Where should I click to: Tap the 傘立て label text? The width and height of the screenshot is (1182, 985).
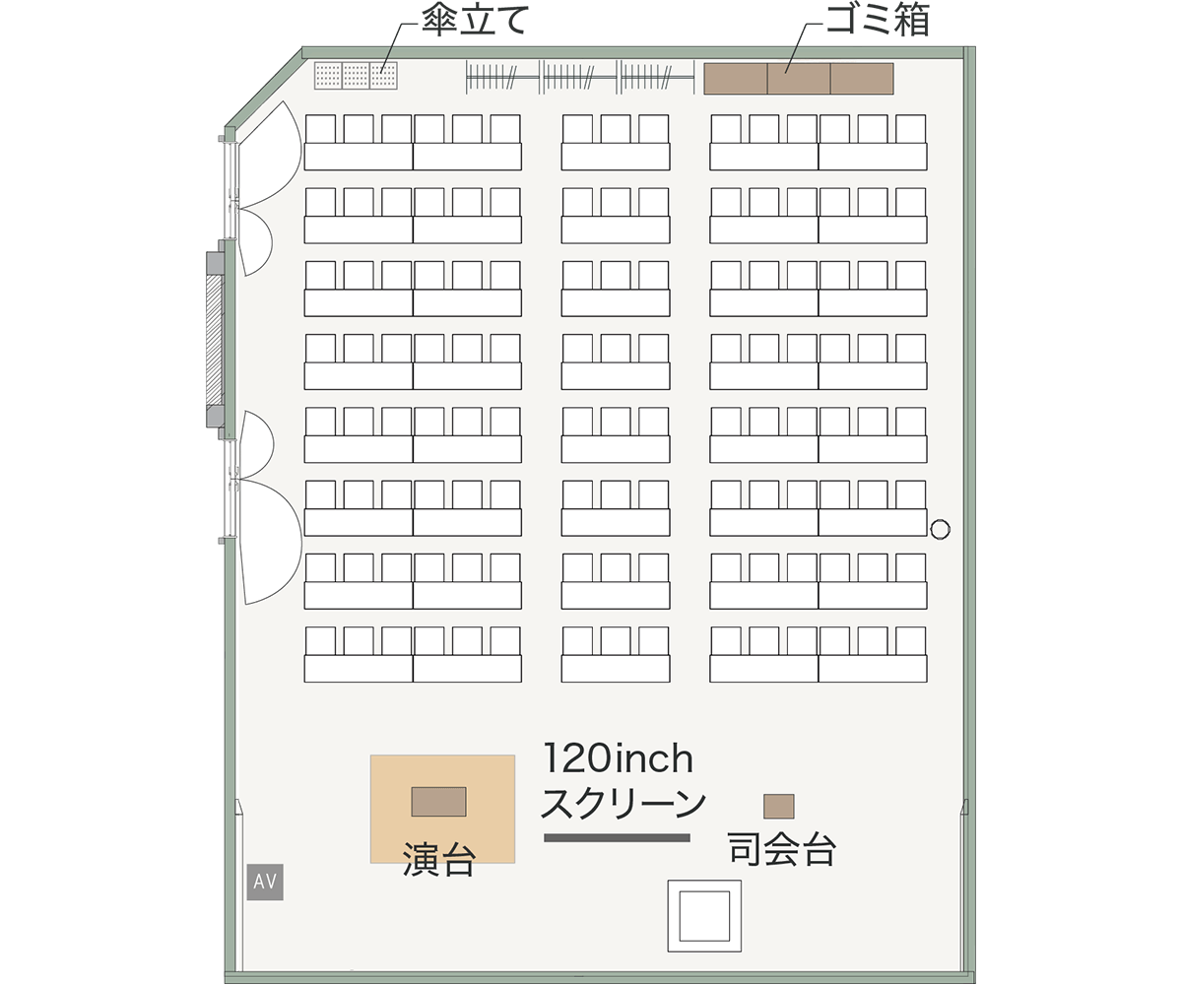click(x=476, y=22)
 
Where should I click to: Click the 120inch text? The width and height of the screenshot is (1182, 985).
click(x=619, y=758)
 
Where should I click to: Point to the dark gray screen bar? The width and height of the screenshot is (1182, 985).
click(x=617, y=838)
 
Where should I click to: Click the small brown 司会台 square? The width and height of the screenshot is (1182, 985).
click(x=779, y=806)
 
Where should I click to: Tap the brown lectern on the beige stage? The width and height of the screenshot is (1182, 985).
click(x=438, y=802)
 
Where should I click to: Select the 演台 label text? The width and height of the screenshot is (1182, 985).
click(x=439, y=859)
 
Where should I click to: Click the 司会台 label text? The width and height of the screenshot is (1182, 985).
click(x=782, y=849)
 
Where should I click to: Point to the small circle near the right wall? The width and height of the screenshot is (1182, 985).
click(x=941, y=529)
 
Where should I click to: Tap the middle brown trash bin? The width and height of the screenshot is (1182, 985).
click(x=799, y=79)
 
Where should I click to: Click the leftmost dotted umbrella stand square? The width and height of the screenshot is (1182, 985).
click(x=328, y=75)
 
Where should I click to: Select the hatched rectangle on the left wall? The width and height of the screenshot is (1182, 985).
click(x=214, y=340)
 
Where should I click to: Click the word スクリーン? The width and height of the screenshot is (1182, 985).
click(x=624, y=804)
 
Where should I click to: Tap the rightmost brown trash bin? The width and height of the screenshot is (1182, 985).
click(x=862, y=79)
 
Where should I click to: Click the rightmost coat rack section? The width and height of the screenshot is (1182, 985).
click(x=655, y=77)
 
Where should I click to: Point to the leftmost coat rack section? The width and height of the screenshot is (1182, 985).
click(x=501, y=77)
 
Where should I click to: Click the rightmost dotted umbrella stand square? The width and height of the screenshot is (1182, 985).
click(x=384, y=75)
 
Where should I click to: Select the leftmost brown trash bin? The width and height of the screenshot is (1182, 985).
click(x=736, y=79)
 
